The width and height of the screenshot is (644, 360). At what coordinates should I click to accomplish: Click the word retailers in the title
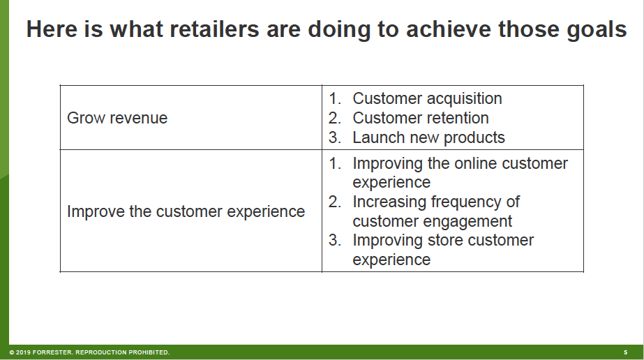[214, 29]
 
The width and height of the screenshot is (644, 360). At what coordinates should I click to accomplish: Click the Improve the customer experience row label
[186, 212]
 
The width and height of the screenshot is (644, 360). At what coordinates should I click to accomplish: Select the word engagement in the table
[469, 222]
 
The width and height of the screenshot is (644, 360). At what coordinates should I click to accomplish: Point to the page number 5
[626, 352]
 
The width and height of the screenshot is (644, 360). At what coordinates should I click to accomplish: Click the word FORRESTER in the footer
[52, 352]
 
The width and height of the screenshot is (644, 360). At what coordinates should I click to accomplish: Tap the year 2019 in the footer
[22, 352]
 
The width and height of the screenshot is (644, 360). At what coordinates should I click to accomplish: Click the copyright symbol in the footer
[12, 352]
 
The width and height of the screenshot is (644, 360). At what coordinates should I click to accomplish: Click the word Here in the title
[52, 29]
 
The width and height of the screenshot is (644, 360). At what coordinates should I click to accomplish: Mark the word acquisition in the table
[465, 98]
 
